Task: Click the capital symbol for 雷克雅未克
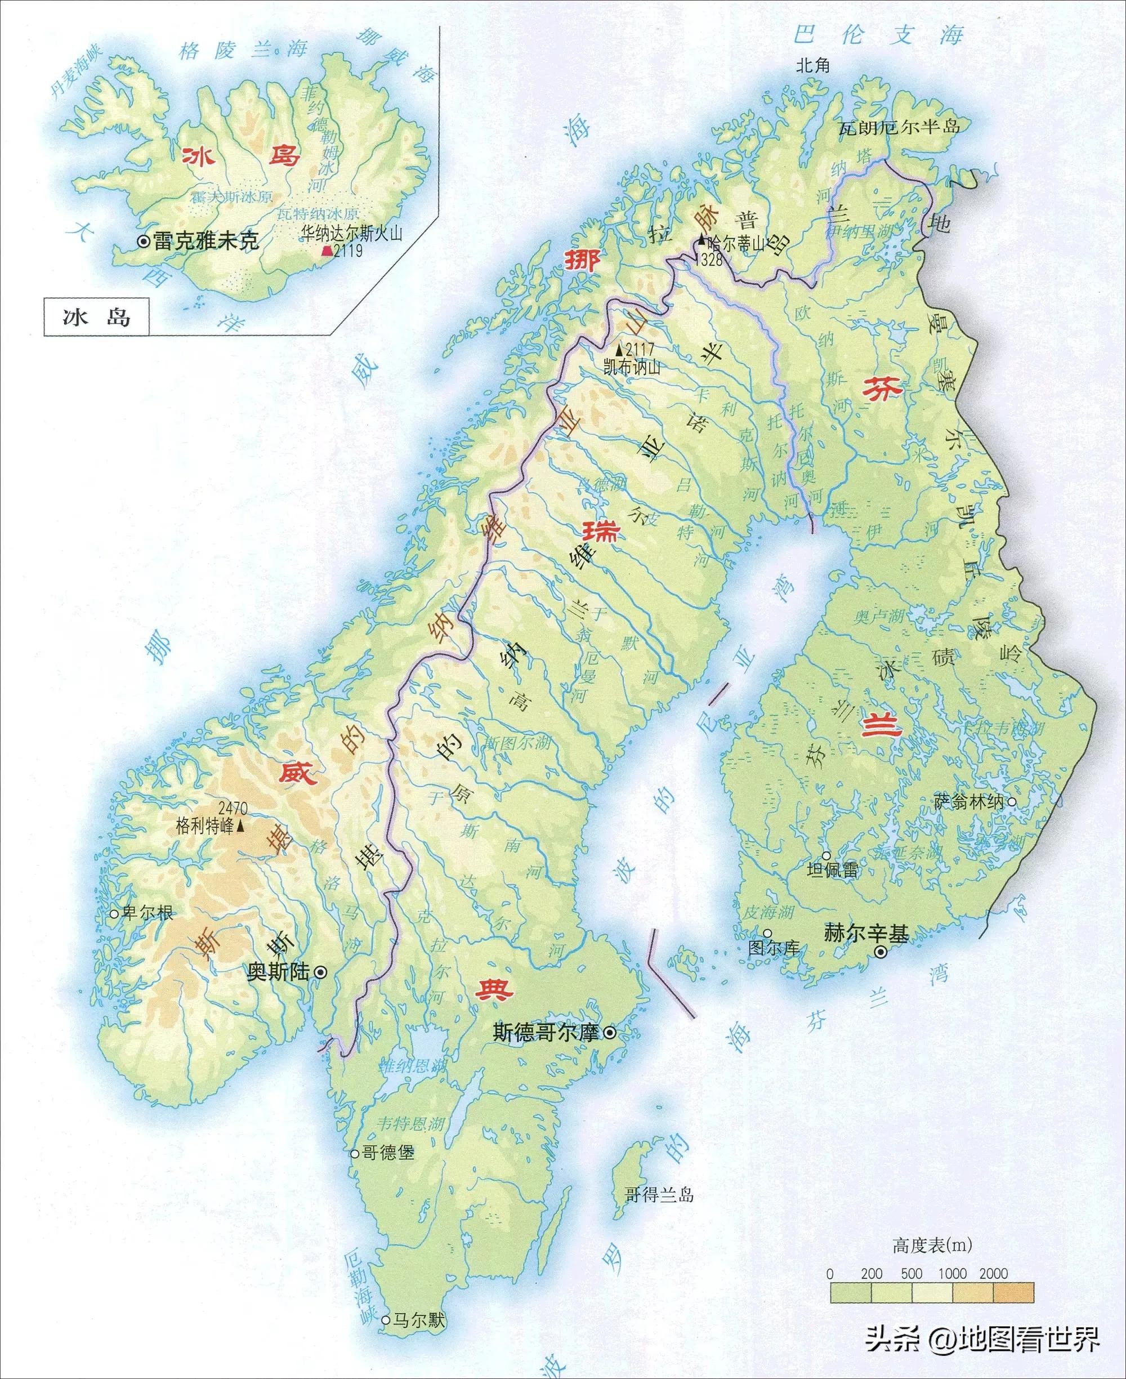coord(144,242)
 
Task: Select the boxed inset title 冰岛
coord(97,316)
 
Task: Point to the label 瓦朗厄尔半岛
coord(899,127)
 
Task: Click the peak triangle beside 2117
coord(619,351)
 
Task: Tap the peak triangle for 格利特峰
coord(240,827)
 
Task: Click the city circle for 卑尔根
coord(114,914)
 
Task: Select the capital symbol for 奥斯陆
coord(320,972)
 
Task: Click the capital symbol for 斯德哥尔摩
coord(610,1033)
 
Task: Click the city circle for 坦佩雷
coord(826,856)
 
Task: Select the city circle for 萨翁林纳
coord(1011,802)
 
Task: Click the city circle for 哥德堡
coord(355,1153)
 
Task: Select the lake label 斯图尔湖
coord(517,742)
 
